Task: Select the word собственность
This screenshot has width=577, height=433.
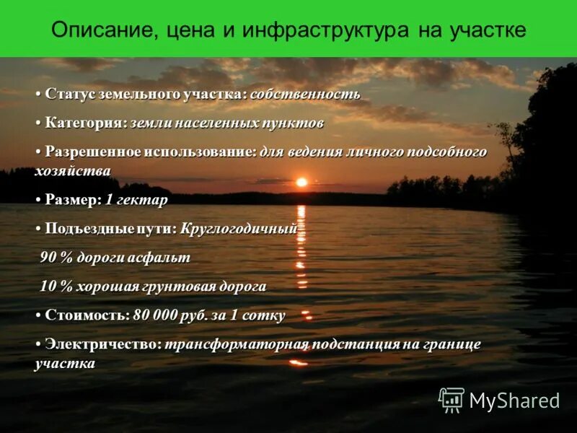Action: point(305,95)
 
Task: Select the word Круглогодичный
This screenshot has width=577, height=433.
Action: point(238,229)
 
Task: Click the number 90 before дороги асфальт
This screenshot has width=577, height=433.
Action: point(48,258)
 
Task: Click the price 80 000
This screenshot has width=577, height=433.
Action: point(157,315)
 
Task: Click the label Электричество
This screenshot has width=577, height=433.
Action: point(103,344)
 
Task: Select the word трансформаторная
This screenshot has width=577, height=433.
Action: point(237,344)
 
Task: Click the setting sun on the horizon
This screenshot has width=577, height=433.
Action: point(301,182)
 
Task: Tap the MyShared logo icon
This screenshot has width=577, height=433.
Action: point(452,399)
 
